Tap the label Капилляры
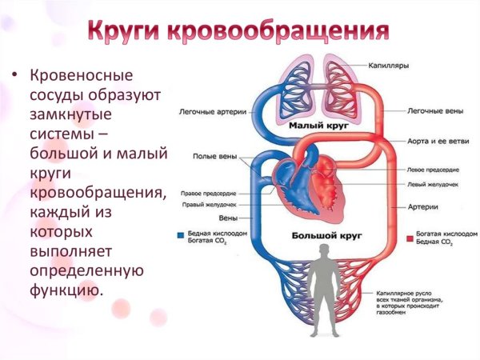[390, 66]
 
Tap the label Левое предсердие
[433, 170]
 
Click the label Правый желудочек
[209, 205]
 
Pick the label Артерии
[422, 207]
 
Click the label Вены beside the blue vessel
[227, 218]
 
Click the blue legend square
[180, 238]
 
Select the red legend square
[408, 238]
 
